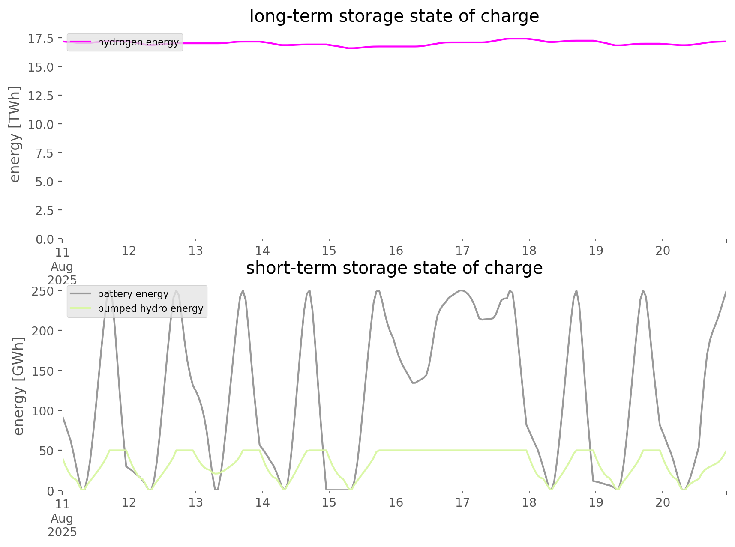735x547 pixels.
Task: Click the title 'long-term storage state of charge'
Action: point(394,16)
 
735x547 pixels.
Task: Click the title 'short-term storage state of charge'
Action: point(394,268)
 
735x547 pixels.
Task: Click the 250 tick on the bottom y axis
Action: point(43,291)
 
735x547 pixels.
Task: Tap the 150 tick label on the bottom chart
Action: point(43,371)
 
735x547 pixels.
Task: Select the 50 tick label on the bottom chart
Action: point(46,451)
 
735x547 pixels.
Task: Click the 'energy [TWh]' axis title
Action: point(15,134)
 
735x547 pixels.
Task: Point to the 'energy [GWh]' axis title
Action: point(19,386)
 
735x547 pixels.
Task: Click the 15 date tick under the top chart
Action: point(329,251)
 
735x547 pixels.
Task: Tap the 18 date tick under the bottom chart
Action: point(529,502)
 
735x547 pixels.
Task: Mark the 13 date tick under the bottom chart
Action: point(196,502)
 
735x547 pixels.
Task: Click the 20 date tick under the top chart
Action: point(663,251)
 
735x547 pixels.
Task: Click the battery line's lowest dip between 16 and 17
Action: point(414,383)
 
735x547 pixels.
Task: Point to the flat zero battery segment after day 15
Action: point(339,489)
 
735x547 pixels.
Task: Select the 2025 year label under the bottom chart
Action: point(62,532)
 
